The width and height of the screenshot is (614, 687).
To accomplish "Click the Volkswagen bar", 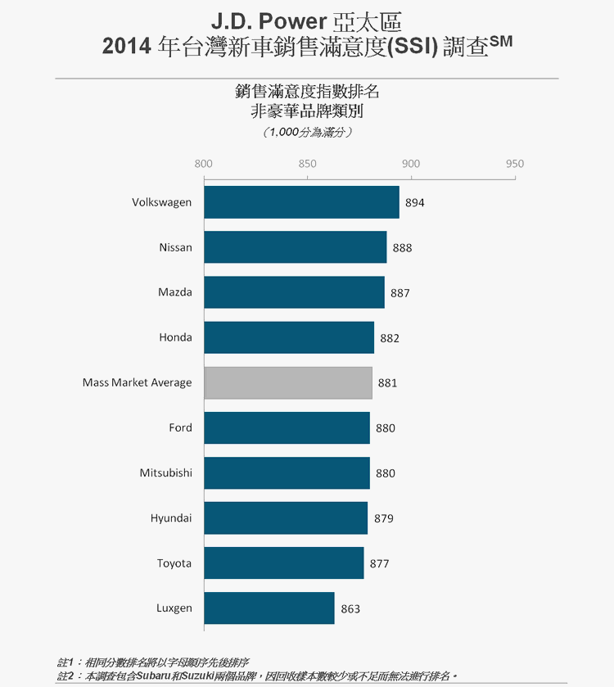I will click(301, 202).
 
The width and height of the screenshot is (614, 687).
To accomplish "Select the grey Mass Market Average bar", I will click(287, 382).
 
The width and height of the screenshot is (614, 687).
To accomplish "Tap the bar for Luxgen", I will click(269, 608).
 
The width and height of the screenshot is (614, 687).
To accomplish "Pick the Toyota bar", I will click(283, 563).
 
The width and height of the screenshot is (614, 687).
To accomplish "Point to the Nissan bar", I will click(295, 247).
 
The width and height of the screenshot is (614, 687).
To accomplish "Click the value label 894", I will click(415, 203).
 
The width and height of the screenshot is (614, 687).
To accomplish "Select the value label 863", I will click(350, 609).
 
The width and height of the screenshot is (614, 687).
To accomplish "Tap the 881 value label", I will click(387, 383).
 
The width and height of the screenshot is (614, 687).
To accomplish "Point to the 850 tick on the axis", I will click(307, 164).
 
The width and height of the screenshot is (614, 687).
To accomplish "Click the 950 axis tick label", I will click(515, 164).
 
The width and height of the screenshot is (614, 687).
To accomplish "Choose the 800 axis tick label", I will click(204, 164).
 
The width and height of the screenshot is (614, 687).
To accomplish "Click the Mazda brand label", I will click(175, 292).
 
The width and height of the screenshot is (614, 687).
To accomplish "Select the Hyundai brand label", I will click(171, 518).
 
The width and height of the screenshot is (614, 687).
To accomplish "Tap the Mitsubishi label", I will click(166, 473).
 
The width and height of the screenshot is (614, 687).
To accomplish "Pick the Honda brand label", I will click(175, 337).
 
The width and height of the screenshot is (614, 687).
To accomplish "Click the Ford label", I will click(180, 428).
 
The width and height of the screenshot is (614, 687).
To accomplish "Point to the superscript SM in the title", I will click(501, 41).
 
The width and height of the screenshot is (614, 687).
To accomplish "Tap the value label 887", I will click(400, 293).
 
